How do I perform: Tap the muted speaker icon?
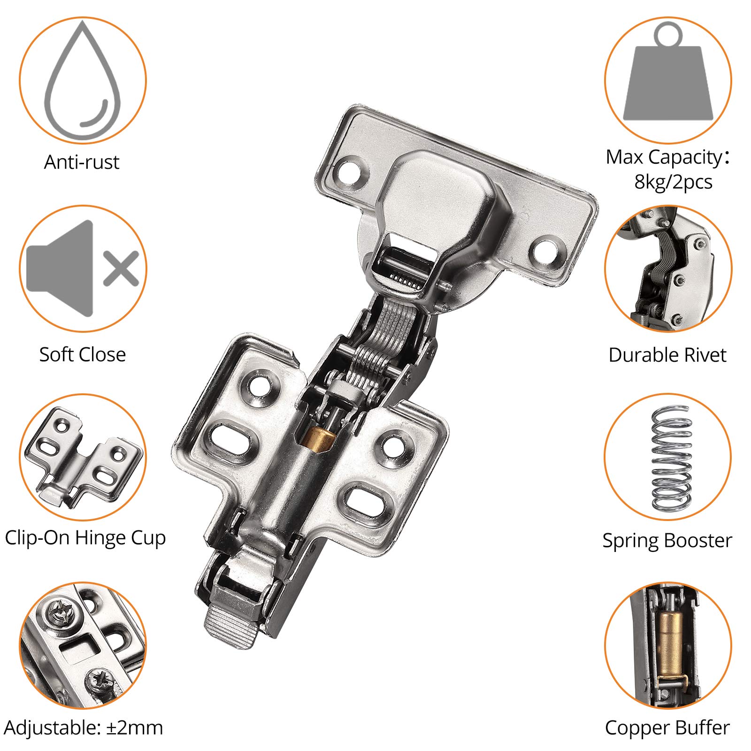click(x=83, y=268)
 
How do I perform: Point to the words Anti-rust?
click(x=82, y=162)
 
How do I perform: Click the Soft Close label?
click(x=83, y=354)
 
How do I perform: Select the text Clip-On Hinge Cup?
click(x=85, y=538)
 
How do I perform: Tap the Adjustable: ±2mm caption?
click(x=84, y=728)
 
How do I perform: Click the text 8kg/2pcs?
click(x=673, y=182)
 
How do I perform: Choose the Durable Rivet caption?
click(x=667, y=355)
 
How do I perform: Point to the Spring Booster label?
click(x=667, y=541)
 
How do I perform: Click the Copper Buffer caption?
click(x=667, y=728)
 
